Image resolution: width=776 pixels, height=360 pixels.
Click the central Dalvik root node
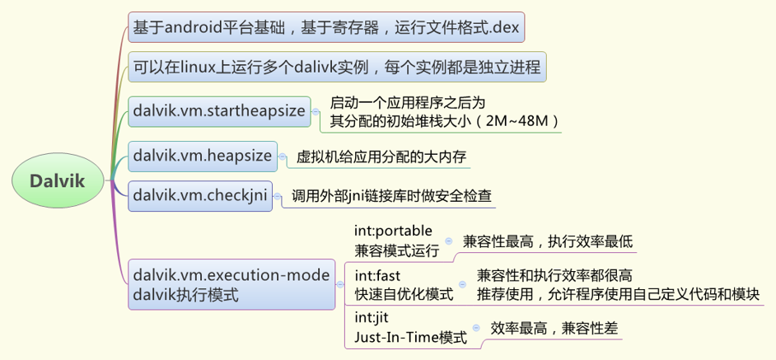coord(58,180)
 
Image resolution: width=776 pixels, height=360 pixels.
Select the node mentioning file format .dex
coord(326,26)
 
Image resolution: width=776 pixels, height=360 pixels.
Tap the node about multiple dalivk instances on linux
coord(334,68)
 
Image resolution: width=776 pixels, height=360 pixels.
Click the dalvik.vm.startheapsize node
coord(218,110)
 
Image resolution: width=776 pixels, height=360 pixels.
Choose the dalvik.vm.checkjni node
coord(200,195)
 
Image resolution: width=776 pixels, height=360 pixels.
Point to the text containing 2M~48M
coord(445,122)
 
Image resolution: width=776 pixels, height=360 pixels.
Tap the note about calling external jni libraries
coord(391,196)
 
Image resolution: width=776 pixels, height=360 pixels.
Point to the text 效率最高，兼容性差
coord(552,327)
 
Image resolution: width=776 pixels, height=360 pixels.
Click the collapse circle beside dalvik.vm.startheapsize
coord(315,111)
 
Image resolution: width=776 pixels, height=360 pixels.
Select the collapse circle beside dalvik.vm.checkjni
coord(276,196)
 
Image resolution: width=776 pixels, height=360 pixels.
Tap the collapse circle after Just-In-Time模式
coord(474,328)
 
